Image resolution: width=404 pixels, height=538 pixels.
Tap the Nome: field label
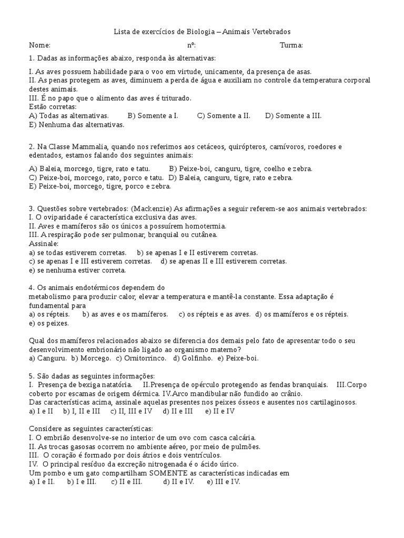tap(39, 45)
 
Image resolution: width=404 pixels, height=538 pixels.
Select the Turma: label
tap(291, 45)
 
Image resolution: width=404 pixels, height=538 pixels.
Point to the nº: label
tap(191, 45)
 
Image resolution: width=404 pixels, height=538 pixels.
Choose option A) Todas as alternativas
tap(69, 116)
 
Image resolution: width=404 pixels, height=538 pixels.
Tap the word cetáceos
tap(225, 147)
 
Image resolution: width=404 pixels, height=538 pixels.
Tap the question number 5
tap(32, 376)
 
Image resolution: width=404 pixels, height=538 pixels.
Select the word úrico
tap(228, 464)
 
